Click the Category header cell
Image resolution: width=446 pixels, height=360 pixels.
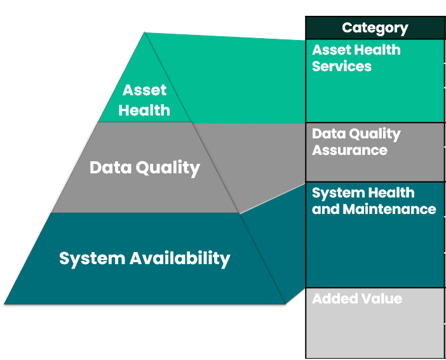click(x=375, y=28)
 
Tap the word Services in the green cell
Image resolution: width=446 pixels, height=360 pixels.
click(x=342, y=66)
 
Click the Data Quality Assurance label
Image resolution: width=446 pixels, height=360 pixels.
click(x=356, y=142)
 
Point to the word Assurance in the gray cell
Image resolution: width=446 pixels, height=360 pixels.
click(x=349, y=150)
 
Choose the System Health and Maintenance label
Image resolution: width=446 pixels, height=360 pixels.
click(x=374, y=201)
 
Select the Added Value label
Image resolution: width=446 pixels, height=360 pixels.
click(x=357, y=298)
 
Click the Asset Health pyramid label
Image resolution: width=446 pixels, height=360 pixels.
click(x=145, y=100)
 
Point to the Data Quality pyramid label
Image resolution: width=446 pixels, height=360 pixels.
click(x=145, y=168)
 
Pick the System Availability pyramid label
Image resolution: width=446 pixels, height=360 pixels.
click(x=145, y=258)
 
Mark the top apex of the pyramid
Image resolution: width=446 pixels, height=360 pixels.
click(x=145, y=33)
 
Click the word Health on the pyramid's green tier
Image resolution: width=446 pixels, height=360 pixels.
click(x=145, y=110)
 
